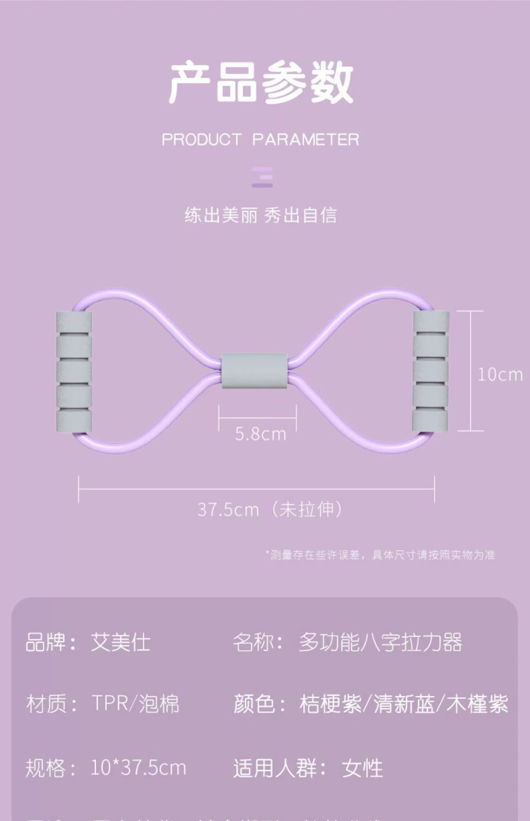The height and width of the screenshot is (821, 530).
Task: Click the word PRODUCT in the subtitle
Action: pyautogui.click(x=201, y=139)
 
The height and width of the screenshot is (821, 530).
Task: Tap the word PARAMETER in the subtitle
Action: pyautogui.click(x=306, y=139)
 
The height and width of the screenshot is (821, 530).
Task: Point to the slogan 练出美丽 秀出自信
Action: pyautogui.click(x=261, y=215)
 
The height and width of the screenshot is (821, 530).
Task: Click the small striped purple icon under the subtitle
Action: pyautogui.click(x=262, y=177)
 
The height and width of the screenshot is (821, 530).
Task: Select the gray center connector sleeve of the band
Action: pyautogui.click(x=254, y=371)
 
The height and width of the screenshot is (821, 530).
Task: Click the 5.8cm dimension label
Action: pyautogui.click(x=260, y=434)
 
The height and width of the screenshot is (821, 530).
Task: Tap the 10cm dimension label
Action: pyautogui.click(x=500, y=375)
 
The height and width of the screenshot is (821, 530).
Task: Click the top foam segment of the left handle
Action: pyautogui.click(x=74, y=322)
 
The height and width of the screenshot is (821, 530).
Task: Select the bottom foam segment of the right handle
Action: pyautogui.click(x=430, y=420)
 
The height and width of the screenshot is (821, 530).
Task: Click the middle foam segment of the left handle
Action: pyautogui.click(x=74, y=371)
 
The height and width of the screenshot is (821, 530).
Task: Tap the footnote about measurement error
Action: pyautogui.click(x=380, y=555)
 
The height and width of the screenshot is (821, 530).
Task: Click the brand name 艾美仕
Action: pyautogui.click(x=120, y=642)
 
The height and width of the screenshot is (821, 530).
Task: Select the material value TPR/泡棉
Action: pyautogui.click(x=135, y=704)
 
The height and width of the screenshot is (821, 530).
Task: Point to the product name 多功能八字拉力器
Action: pyautogui.click(x=380, y=642)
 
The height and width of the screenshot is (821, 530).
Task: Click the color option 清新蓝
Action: pyautogui.click(x=404, y=704)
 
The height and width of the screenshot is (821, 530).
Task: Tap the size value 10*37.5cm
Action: pyautogui.click(x=138, y=768)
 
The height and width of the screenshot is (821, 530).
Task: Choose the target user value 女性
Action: pyautogui.click(x=362, y=768)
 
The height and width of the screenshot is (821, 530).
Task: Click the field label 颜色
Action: pyautogui.click(x=254, y=704)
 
